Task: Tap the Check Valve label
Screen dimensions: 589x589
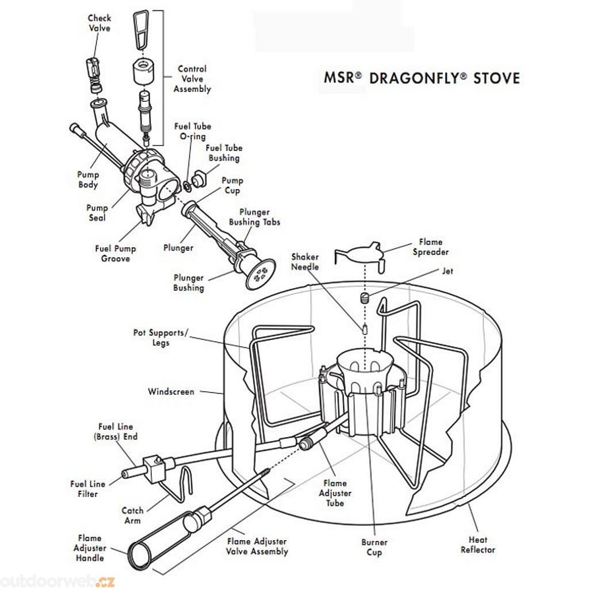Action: click(99, 23)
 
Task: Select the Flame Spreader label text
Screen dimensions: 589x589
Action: click(430, 247)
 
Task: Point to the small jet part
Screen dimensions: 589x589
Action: click(364, 299)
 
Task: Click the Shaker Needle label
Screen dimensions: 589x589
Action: click(304, 262)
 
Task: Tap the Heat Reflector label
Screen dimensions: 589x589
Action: click(477, 545)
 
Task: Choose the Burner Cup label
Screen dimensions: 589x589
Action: click(374, 547)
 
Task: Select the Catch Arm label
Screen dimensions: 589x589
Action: click(132, 515)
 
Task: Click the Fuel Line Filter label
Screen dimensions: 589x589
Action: click(87, 489)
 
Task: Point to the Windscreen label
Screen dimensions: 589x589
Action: click(171, 392)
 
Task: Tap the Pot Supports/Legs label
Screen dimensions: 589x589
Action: click(160, 338)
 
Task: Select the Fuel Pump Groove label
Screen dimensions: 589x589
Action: click(116, 254)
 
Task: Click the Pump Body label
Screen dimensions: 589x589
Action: click(88, 179)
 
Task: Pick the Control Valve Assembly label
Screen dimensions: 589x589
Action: click(192, 79)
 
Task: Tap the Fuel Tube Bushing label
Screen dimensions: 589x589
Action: click(223, 153)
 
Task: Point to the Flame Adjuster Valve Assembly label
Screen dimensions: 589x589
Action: click(257, 546)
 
